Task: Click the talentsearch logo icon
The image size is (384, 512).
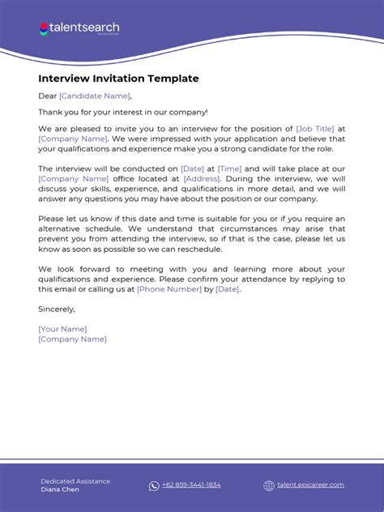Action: [43, 28]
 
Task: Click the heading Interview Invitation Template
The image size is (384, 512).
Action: [118, 79]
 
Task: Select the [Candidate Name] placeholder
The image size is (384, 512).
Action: [94, 96]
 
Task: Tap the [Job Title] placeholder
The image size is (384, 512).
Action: [315, 128]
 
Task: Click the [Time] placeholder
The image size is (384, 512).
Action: [229, 169]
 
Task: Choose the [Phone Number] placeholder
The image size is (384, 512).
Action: [169, 288]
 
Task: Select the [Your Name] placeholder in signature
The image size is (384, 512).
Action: [62, 328]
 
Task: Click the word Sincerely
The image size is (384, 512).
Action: [56, 309]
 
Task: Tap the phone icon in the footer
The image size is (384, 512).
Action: [154, 485]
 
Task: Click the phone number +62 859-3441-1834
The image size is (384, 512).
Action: [191, 485]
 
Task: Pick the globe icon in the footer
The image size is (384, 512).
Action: [269, 485]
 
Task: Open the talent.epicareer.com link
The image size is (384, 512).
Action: [310, 485]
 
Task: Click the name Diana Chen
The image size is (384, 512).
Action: [61, 489]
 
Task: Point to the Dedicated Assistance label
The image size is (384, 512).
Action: [75, 480]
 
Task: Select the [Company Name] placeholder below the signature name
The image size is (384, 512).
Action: [72, 339]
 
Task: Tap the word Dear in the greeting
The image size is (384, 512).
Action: [47, 96]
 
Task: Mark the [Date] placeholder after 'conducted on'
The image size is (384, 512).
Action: [192, 169]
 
